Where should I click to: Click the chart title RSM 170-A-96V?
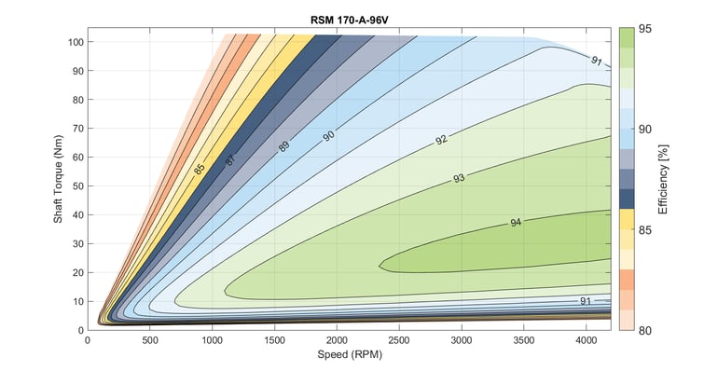[x=350, y=19]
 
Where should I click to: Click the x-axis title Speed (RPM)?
[x=350, y=355]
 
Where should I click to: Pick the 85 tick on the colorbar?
[x=645, y=228]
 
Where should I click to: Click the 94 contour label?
[x=516, y=223]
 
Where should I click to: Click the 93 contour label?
[x=459, y=177]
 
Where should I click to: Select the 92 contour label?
[x=441, y=140]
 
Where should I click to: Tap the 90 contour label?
[x=328, y=136]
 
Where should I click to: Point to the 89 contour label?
[x=283, y=145]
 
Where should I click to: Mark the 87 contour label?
[x=229, y=159]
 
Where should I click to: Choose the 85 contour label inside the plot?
[x=200, y=169]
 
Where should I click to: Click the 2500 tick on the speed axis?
[x=399, y=341]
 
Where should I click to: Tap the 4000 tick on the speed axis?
[x=587, y=341]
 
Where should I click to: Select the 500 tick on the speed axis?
[x=149, y=341]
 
